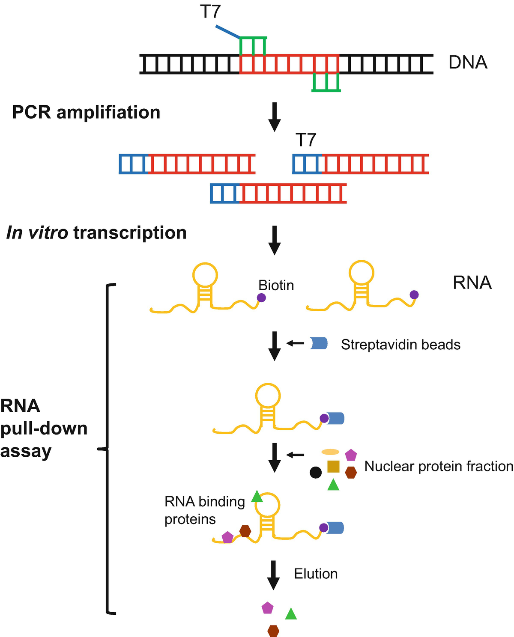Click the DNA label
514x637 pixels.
(468, 63)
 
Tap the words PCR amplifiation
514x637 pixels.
(86, 112)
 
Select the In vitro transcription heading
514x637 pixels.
(96, 233)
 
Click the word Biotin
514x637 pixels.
(276, 285)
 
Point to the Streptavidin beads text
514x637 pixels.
(400, 345)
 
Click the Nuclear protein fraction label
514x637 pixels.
(439, 466)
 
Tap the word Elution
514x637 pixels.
(316, 574)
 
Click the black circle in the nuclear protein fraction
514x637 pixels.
(316, 473)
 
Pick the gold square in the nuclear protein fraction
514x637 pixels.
(333, 466)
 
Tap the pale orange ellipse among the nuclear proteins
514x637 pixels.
(331, 452)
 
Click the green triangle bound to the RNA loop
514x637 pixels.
(257, 497)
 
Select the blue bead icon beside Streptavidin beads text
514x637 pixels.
(319, 343)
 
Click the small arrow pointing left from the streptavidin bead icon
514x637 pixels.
(295, 343)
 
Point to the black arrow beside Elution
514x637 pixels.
(273, 575)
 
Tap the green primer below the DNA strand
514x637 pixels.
(326, 83)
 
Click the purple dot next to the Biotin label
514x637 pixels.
(261, 298)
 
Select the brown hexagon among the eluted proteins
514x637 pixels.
(273, 631)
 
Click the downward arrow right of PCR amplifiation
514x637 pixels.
(274, 117)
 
